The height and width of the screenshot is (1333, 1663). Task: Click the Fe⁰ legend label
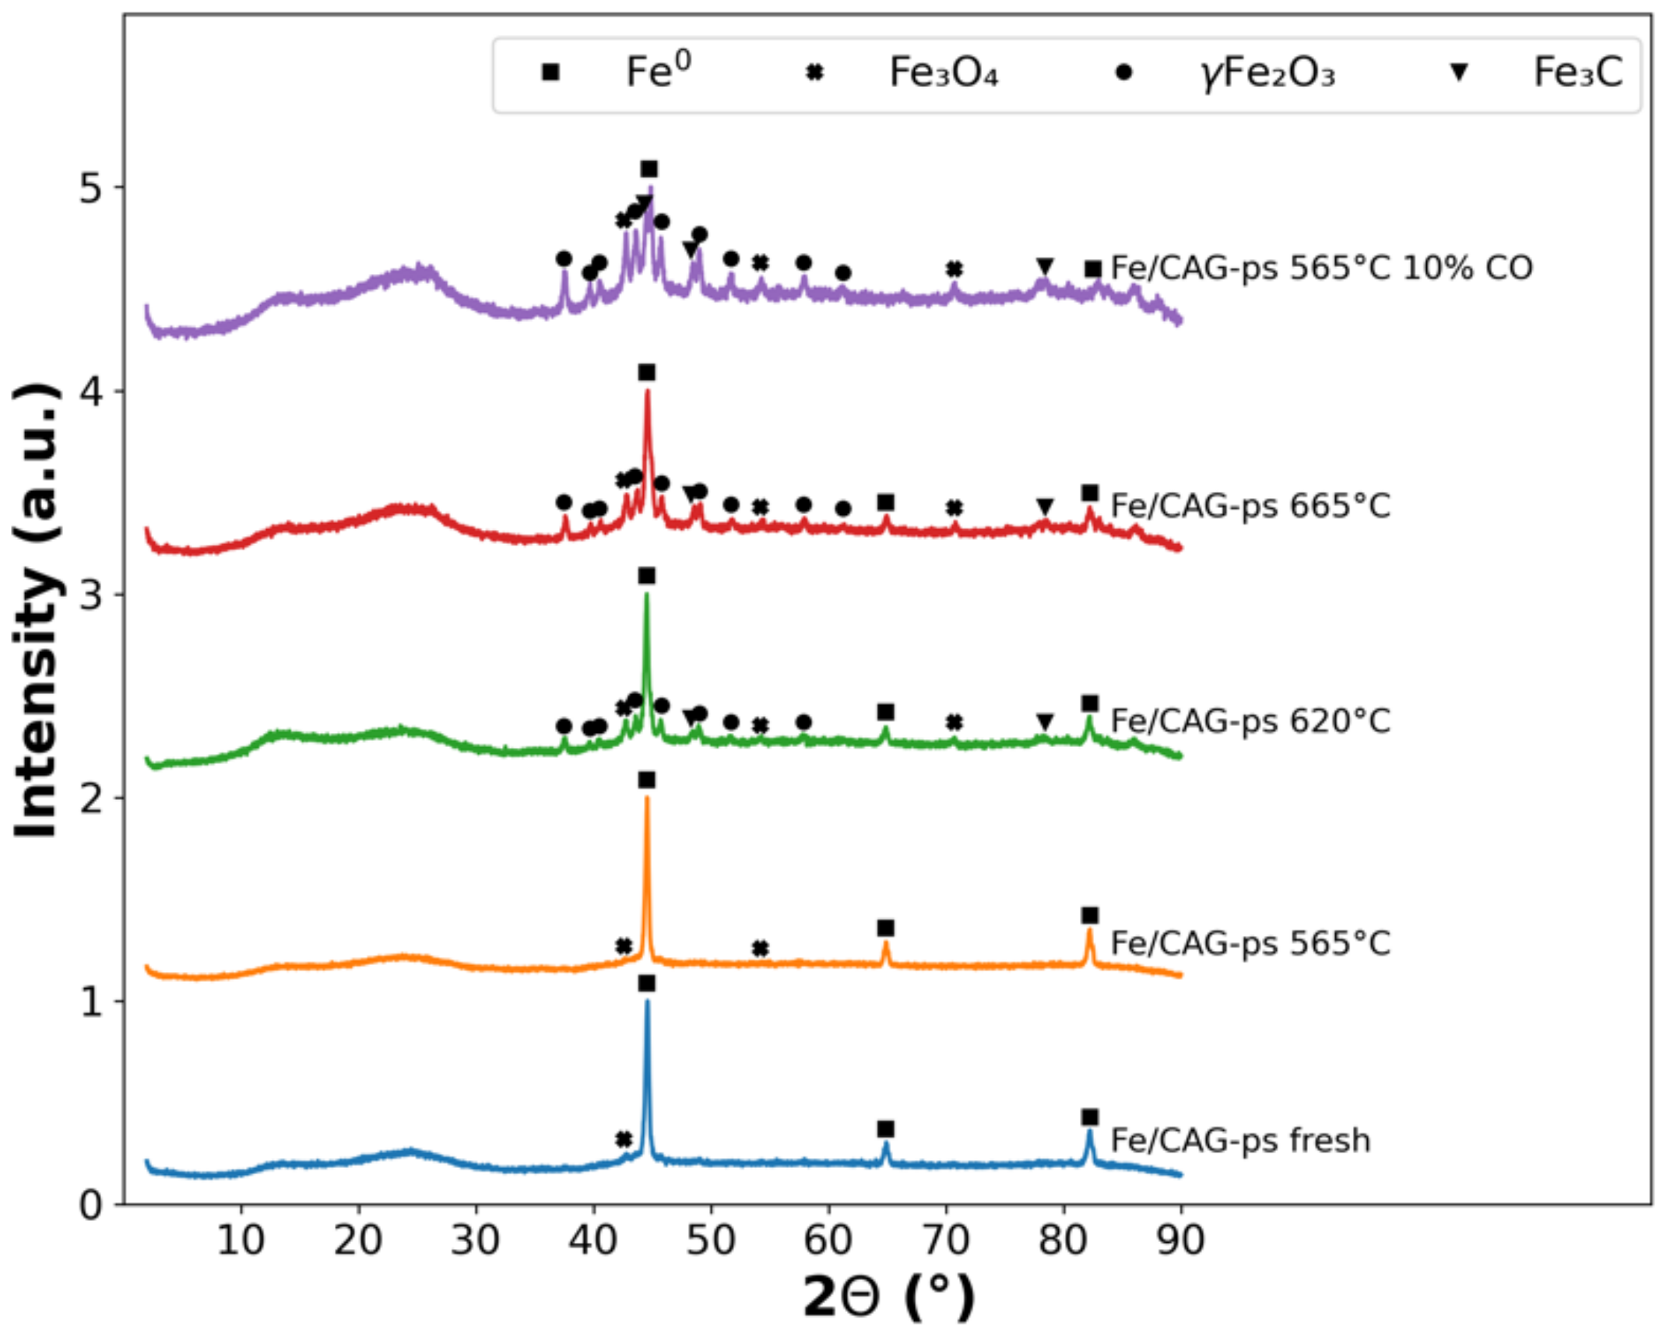[658, 72]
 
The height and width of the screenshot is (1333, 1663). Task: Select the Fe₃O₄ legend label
[943, 73]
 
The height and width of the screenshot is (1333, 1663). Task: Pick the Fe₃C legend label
[1577, 73]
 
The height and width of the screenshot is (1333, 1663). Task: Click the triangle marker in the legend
[1458, 73]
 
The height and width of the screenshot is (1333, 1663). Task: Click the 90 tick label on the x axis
[1180, 1239]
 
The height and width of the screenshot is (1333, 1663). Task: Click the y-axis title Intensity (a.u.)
[37, 611]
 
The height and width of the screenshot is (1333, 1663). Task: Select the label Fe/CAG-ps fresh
[1240, 1141]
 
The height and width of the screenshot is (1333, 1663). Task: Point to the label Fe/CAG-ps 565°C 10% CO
[1321, 268]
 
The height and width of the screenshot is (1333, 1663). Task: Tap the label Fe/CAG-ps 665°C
[1250, 506]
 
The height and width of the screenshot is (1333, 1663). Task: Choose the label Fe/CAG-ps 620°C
[1250, 721]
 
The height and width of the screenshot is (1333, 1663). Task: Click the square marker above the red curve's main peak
[646, 373]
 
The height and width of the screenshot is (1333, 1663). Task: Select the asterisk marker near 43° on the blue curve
[623, 1139]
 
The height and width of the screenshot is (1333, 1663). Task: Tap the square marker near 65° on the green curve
[885, 712]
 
